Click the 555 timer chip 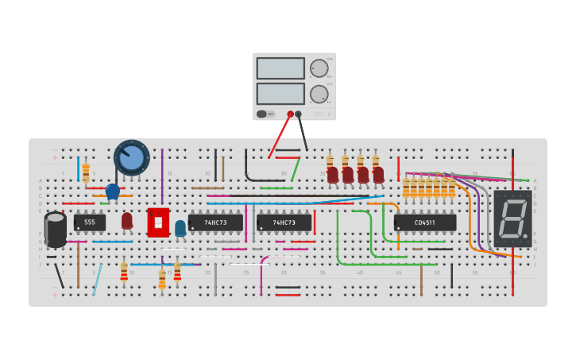click(90, 223)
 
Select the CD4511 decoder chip click(425, 223)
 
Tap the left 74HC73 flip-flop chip click(215, 223)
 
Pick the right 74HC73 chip click(284, 223)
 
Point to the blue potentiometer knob click(131, 157)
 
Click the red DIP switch click(158, 223)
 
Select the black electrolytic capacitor click(56, 230)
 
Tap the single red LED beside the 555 click(127, 220)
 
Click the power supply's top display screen click(280, 68)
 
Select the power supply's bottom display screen click(280, 94)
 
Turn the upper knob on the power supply click(319, 68)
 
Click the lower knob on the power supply click(319, 94)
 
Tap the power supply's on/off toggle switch click(262, 114)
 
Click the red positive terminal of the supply click(290, 114)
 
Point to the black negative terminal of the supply click(299, 114)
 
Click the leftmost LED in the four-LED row click(332, 174)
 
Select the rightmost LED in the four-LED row click(378, 174)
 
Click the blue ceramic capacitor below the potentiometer click(113, 191)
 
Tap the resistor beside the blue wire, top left click(86, 172)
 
